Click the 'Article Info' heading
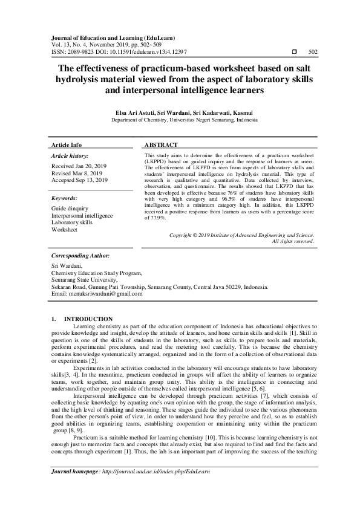pos(67,146)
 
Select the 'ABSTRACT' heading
pos(162,146)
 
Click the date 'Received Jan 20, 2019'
pos(79,165)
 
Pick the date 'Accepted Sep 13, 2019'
pos(80,180)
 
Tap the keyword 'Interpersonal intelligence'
pos(82,215)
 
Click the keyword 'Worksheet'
pos(65,230)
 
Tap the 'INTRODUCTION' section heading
pos(88,319)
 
